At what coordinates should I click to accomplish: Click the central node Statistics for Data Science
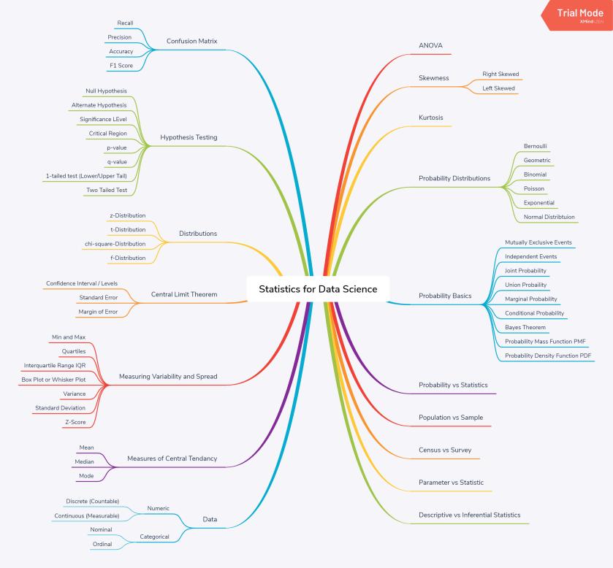pos(318,289)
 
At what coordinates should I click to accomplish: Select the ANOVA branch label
pos(431,45)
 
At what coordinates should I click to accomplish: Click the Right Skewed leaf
pos(500,74)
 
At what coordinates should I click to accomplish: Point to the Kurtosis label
pos(431,118)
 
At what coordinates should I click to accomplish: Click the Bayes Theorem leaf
pos(525,327)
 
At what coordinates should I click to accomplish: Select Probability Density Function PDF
pos(548,356)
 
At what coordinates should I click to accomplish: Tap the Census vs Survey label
pos(445,450)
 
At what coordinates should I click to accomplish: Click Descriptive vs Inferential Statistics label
pos(470,515)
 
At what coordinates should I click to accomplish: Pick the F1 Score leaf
pos(121,66)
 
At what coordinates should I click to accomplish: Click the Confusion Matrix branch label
pos(192,41)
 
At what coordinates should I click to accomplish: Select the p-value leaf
pos(116,147)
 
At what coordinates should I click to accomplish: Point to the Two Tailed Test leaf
pos(106,190)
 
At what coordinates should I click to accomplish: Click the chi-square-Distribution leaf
pos(115,244)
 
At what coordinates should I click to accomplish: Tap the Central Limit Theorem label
pos(184,295)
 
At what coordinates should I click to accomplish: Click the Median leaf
pos(84,462)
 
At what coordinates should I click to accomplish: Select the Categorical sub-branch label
pos(154,537)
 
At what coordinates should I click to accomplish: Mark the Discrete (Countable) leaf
pos(92,502)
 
